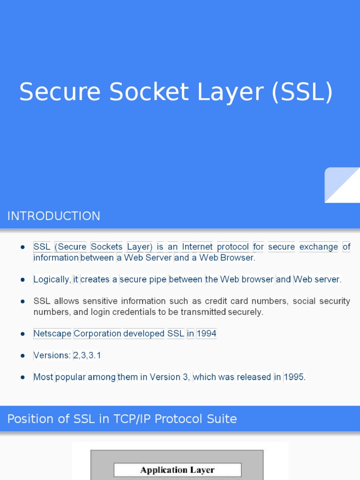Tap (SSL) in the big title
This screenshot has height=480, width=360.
click(302, 92)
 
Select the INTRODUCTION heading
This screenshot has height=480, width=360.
click(53, 216)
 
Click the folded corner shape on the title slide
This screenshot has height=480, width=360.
click(342, 185)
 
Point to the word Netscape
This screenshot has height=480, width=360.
click(52, 334)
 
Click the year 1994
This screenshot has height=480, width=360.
click(206, 334)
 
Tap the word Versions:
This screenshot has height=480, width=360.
click(52, 355)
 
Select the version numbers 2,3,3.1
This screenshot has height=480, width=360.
click(87, 355)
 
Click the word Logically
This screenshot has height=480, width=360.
click(52, 279)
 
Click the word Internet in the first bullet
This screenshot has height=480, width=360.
click(197, 247)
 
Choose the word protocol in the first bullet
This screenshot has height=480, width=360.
click(233, 247)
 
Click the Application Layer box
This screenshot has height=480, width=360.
click(178, 470)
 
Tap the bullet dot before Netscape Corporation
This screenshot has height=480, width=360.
click(22, 334)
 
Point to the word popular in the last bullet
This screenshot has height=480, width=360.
click(70, 377)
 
